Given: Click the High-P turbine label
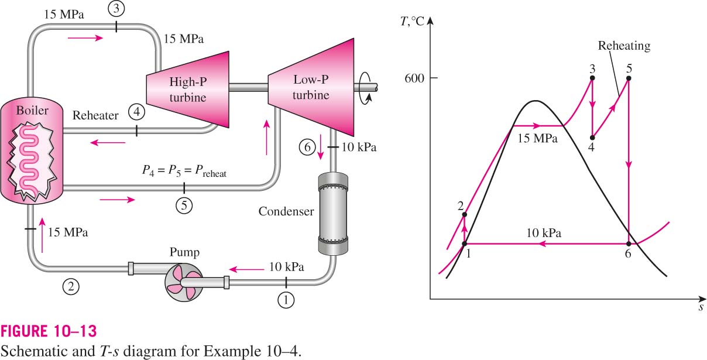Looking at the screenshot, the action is click(x=188, y=90).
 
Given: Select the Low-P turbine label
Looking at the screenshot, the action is click(x=311, y=87).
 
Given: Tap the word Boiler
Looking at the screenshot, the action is click(x=32, y=110).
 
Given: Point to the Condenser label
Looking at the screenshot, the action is click(x=286, y=211).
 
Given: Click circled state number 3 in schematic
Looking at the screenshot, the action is click(x=116, y=9).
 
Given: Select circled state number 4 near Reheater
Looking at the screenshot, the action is click(x=137, y=112).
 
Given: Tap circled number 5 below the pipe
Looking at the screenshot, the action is click(x=184, y=205).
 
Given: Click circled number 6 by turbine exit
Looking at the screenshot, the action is click(x=307, y=147).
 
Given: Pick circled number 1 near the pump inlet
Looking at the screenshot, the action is click(x=286, y=300).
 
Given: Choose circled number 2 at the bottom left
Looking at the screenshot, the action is click(x=71, y=286).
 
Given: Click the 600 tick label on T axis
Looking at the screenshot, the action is click(x=414, y=78).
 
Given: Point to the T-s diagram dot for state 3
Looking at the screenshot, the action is click(x=592, y=78).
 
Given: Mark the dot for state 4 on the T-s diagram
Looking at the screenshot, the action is click(x=592, y=138).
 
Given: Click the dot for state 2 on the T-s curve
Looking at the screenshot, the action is click(x=464, y=215).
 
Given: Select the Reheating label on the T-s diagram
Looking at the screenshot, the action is click(x=624, y=46).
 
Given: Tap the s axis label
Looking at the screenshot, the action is click(x=701, y=307).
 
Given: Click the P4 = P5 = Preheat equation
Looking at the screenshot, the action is click(x=184, y=171).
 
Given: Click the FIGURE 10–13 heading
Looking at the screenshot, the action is click(x=49, y=331).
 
